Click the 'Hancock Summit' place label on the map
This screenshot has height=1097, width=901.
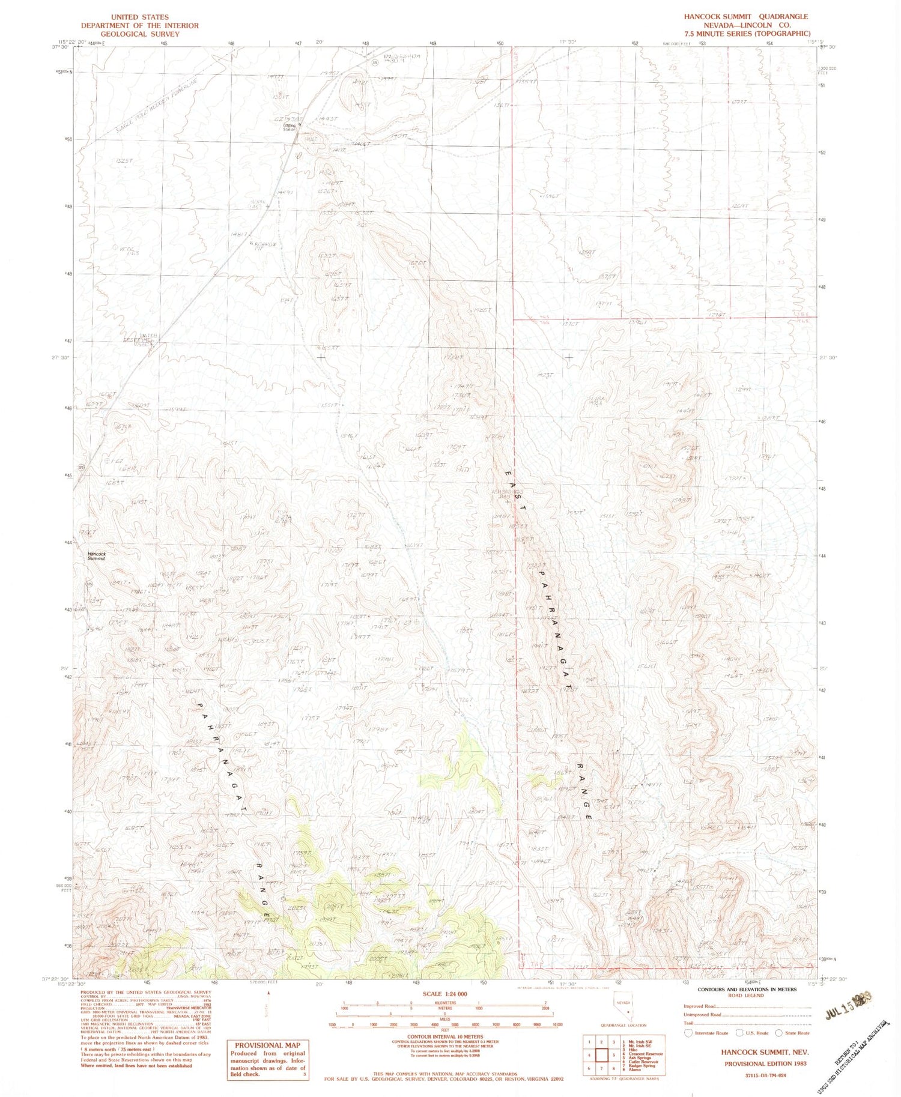[x=96, y=556]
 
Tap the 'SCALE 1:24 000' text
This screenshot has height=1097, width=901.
[x=445, y=994]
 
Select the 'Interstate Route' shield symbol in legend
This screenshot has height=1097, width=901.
[x=689, y=1033]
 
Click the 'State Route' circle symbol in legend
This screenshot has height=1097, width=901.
[x=778, y=1033]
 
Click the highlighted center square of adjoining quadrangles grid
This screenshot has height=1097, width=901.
[x=601, y=1054]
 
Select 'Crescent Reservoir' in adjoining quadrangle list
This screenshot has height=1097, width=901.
[x=646, y=1053]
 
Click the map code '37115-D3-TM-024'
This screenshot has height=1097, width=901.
[x=765, y=1075]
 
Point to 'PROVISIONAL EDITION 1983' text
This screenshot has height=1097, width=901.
[x=765, y=1063]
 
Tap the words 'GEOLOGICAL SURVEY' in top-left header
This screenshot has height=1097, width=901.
[x=140, y=34]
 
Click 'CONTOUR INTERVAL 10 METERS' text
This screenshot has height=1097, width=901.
[x=445, y=1036]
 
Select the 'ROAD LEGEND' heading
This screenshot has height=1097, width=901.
[x=746, y=996]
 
